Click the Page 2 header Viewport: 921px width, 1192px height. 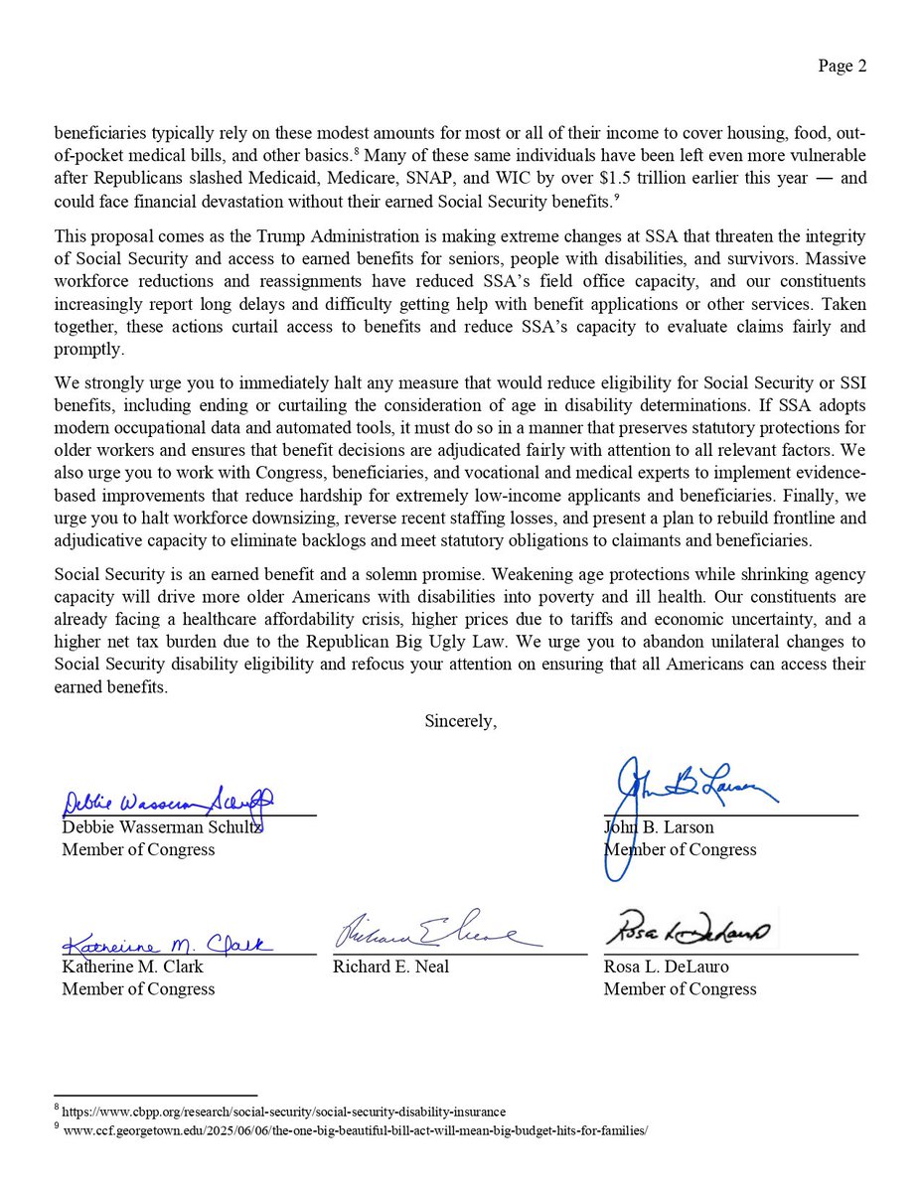click(x=842, y=67)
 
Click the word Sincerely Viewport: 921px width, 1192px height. click(x=460, y=721)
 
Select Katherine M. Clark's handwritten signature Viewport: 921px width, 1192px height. click(x=169, y=943)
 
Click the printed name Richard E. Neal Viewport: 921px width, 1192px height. click(x=390, y=966)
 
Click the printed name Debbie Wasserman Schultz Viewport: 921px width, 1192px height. click(x=162, y=826)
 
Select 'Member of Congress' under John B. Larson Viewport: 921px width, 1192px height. click(x=681, y=849)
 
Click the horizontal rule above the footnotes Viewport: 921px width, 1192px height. click(x=155, y=1094)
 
